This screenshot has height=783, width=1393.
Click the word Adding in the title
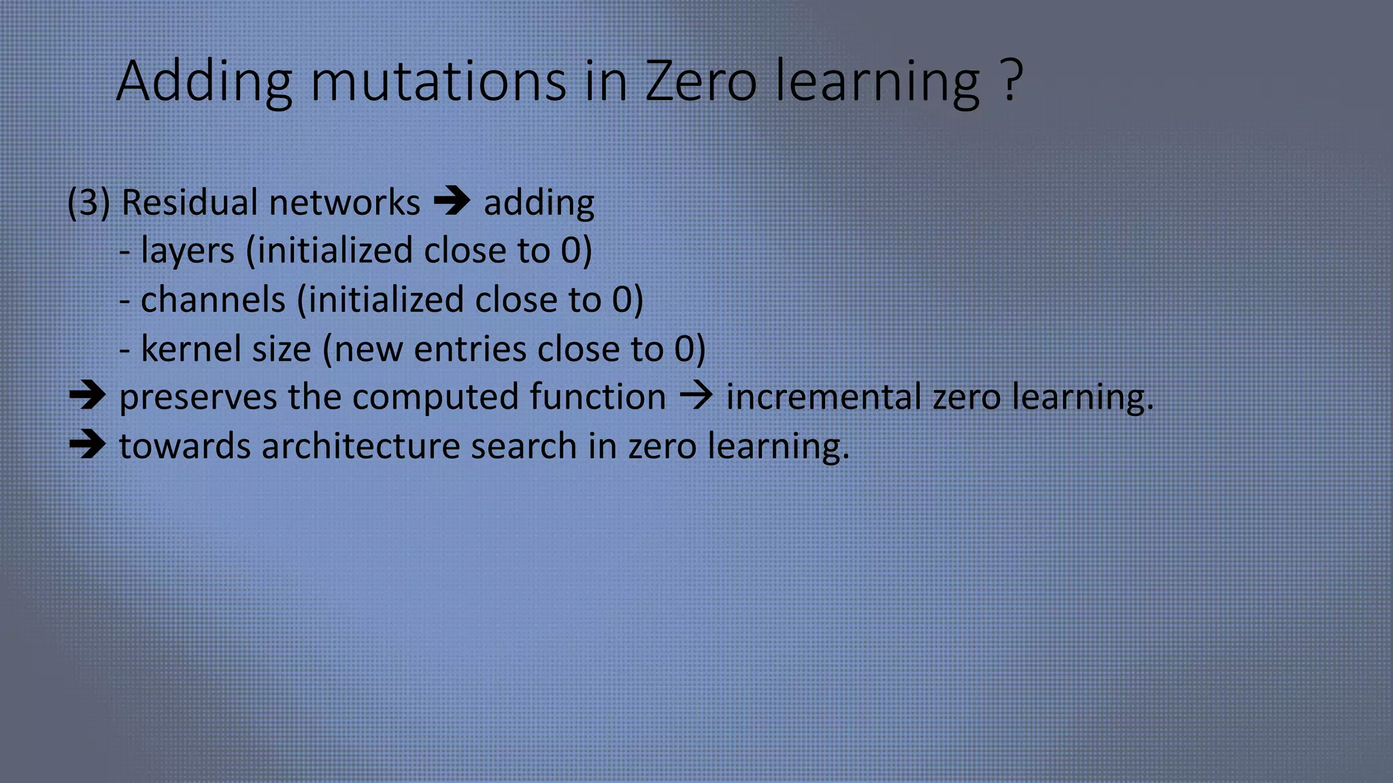tap(204, 82)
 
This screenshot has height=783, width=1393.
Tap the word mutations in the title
tap(438, 82)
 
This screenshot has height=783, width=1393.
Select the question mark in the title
tap(1012, 80)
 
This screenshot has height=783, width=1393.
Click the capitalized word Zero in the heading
tap(701, 82)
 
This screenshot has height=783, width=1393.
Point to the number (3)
tap(88, 203)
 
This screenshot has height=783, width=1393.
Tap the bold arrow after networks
tap(452, 201)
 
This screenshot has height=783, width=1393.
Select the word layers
tap(187, 251)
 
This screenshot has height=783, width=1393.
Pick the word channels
tap(212, 300)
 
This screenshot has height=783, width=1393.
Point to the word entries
tap(470, 349)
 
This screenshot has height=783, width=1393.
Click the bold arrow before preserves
tap(87, 396)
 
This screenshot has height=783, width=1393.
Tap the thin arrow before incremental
tap(696, 396)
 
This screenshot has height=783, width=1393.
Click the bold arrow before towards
tap(87, 445)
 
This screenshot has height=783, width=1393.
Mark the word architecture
tap(360, 447)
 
